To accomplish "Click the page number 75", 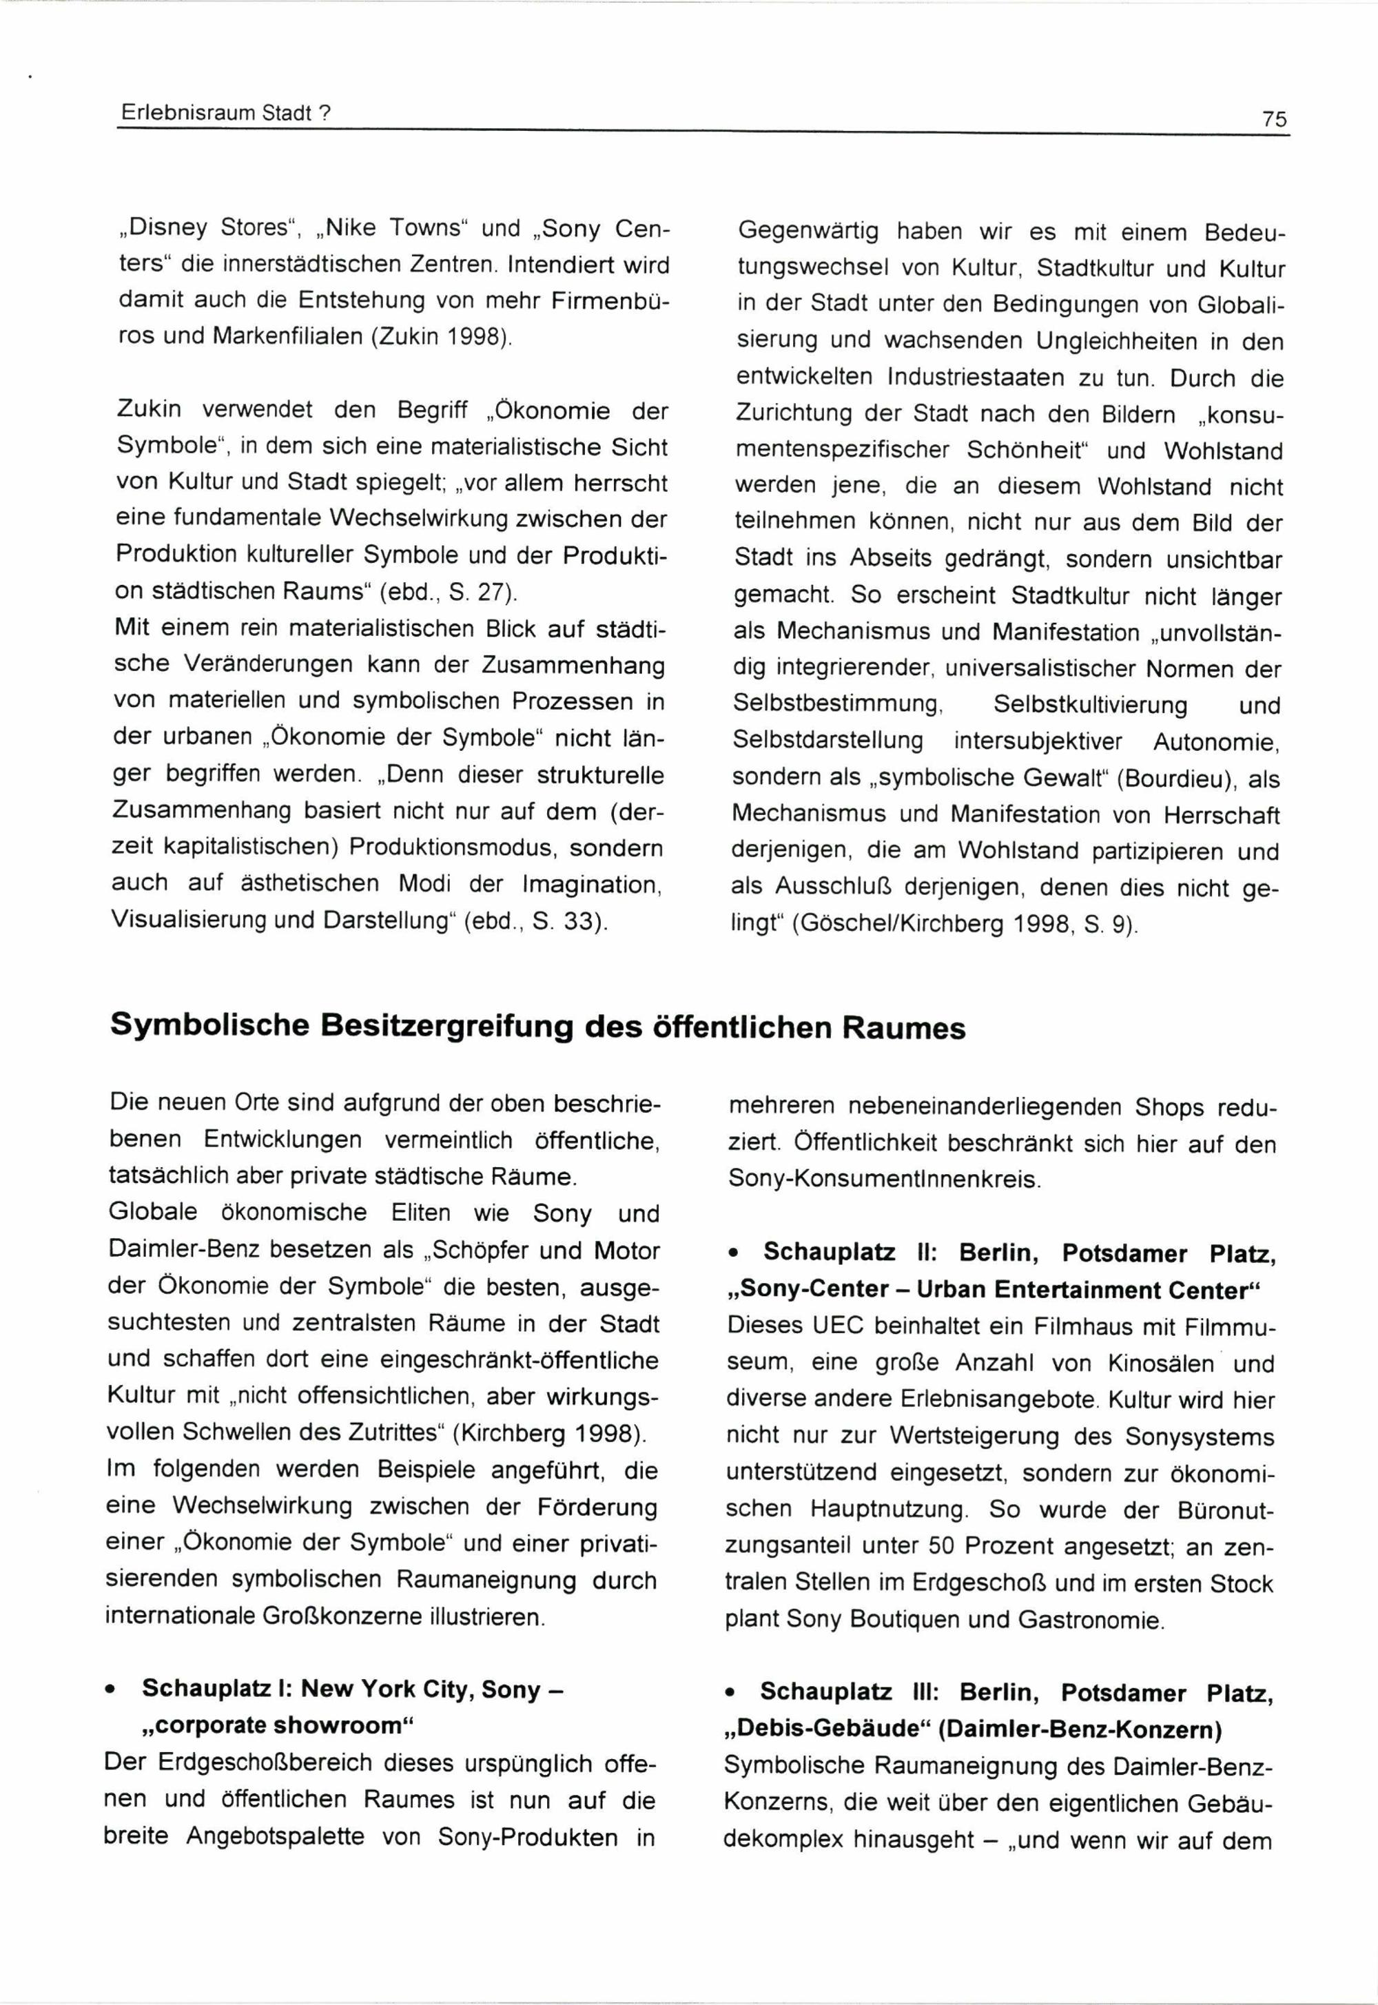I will coord(1273,119).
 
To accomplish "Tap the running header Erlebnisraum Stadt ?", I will coord(225,113).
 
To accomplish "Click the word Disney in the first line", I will coord(167,228).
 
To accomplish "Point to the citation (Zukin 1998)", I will coord(440,337).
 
